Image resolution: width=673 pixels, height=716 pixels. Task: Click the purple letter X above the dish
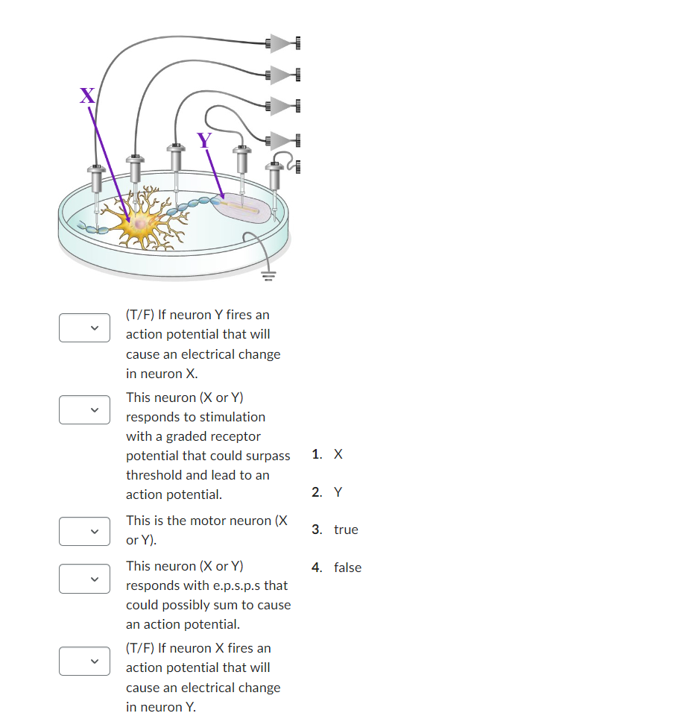[87, 95]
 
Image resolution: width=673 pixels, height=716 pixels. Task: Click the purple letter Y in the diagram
[203, 139]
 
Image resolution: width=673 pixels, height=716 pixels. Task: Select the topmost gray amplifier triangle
[281, 43]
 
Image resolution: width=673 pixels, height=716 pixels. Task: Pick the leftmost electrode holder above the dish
[96, 178]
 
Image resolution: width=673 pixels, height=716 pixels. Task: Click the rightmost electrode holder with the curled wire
[274, 176]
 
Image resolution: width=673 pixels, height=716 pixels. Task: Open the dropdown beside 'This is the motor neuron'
[84, 530]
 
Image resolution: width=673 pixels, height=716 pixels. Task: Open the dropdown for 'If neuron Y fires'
[84, 328]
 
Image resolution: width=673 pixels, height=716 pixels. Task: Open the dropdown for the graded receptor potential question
[84, 409]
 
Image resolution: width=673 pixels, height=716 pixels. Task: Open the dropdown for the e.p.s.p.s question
[84, 578]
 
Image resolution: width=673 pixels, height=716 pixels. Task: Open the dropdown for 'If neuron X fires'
[84, 661]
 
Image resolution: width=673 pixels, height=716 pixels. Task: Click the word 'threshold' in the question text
[154, 475]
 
